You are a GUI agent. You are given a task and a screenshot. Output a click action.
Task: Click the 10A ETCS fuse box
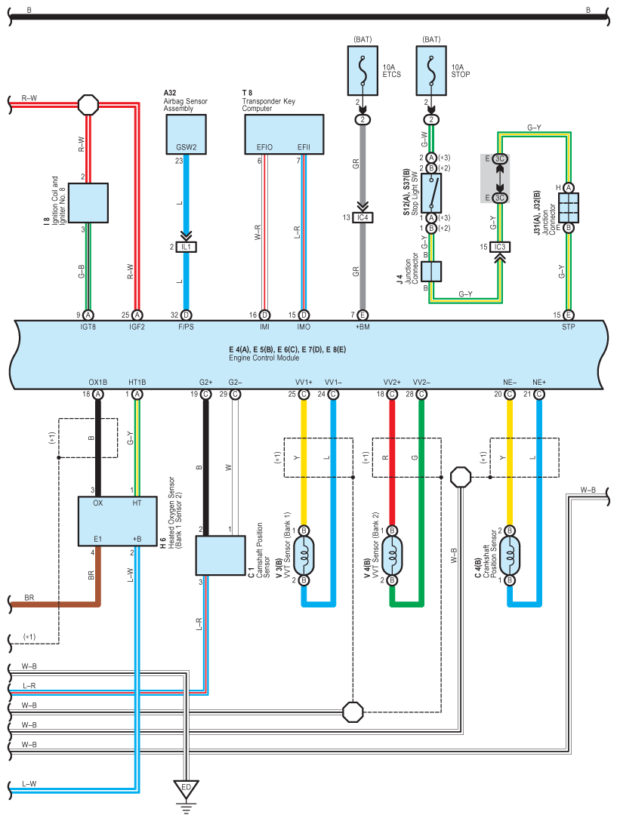pyautogui.click(x=362, y=71)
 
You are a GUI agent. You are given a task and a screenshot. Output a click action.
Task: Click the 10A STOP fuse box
pyautogui.click(x=431, y=71)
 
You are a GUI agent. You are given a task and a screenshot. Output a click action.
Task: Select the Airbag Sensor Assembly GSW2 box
pyautogui.click(x=186, y=134)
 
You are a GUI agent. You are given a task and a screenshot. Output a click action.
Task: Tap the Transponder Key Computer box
pyautogui.click(x=284, y=134)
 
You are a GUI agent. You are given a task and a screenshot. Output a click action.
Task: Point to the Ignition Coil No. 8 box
pyautogui.click(x=88, y=203)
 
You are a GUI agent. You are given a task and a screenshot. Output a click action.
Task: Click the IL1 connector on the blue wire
pyautogui.click(x=186, y=247)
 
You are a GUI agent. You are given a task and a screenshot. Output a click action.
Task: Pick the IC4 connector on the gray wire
pyautogui.click(x=362, y=217)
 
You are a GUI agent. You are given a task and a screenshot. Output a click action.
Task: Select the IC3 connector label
pyautogui.click(x=500, y=247)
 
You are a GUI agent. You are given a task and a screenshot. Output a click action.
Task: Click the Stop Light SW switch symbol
pyautogui.click(x=431, y=193)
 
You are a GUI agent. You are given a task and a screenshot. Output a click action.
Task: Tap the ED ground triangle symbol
pyautogui.click(x=186, y=789)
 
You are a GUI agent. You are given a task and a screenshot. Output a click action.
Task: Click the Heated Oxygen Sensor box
pyautogui.click(x=117, y=521)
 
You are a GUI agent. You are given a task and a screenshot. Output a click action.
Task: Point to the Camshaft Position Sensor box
pyautogui.click(x=221, y=555)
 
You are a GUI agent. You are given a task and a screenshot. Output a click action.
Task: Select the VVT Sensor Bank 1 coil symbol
pyautogui.click(x=304, y=555)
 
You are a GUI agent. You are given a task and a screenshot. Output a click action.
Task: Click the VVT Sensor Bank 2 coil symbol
pyautogui.click(x=392, y=555)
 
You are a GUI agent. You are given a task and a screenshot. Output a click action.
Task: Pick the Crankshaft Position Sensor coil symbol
pyautogui.click(x=510, y=555)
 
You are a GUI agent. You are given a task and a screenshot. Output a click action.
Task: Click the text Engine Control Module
pyautogui.click(x=264, y=358)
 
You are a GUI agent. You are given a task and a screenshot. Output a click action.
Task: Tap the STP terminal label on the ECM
pyautogui.click(x=568, y=327)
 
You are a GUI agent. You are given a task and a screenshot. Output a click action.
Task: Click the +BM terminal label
pyautogui.click(x=362, y=327)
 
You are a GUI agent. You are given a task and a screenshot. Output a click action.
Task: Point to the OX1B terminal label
pyautogui.click(x=98, y=383)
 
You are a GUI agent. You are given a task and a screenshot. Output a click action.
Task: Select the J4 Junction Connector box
pyautogui.click(x=431, y=272)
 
